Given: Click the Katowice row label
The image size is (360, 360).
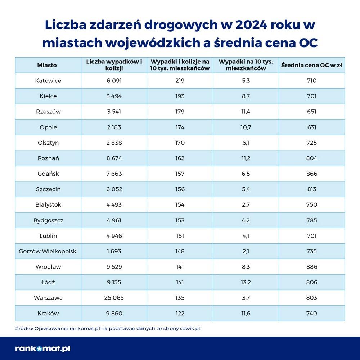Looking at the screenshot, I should (48, 81).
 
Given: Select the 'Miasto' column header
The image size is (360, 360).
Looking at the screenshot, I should (47, 65).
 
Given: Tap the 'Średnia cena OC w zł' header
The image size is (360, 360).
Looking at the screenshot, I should (312, 65).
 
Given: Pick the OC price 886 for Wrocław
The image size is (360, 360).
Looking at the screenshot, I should (312, 267).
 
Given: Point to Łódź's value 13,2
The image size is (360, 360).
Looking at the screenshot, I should (246, 282).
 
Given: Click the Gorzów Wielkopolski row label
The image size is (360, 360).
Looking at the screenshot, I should (48, 251).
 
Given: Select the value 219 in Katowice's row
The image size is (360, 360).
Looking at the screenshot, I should (180, 81).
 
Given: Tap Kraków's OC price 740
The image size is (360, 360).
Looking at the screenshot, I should (312, 313).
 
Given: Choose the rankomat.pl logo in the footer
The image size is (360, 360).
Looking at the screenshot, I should (43, 348).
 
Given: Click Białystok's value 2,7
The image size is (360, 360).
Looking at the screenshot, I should (246, 204).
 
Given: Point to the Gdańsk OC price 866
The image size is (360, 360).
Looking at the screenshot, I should (312, 174).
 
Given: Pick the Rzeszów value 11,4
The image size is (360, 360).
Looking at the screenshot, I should (246, 112).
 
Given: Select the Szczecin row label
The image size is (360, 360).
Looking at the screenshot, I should (48, 189).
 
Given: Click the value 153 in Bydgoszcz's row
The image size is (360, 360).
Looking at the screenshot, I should (180, 220).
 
